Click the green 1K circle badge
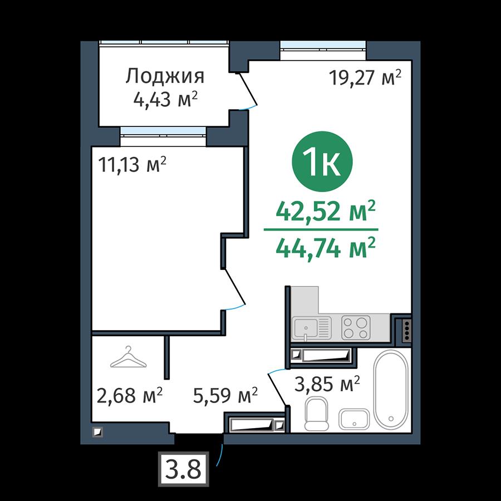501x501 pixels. pos(322,161)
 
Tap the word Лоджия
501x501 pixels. pos(165,77)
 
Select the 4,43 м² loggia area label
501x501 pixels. pos(165,100)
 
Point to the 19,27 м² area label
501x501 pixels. pos(365,77)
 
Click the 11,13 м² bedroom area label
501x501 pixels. pos(132,165)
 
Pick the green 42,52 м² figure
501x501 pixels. pos(325,212)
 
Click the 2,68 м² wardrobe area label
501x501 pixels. pos(129,395)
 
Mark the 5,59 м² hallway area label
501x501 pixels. pos(225,395)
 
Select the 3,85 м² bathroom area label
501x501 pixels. pos(327,384)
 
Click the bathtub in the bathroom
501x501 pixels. pos(391,390)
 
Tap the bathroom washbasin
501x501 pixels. pos(354,419)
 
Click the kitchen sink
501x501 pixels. pos(312,328)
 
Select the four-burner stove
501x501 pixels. pos(356,328)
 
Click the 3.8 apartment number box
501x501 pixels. pos(183,469)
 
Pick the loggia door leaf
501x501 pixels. pos(248,89)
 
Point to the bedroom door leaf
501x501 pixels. pos(235,286)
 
